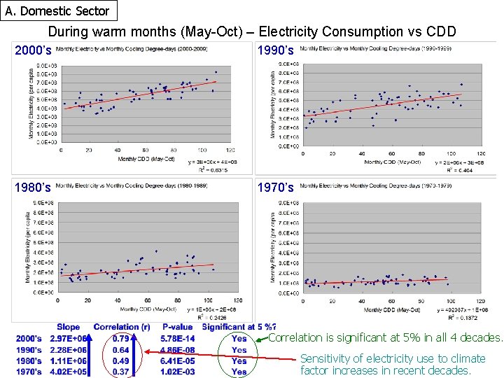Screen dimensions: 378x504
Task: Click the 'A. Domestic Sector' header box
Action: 57,10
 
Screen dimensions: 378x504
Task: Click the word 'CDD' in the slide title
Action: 441,31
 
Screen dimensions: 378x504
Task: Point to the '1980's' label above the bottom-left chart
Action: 34,188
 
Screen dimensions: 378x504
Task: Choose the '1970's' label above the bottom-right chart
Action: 276,188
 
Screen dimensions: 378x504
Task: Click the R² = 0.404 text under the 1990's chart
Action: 458,170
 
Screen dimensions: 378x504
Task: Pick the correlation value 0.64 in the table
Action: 120,350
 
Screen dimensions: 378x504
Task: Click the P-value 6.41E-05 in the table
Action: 177,361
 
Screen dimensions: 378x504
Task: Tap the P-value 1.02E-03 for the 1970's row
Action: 177,372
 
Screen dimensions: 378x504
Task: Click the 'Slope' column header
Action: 69,327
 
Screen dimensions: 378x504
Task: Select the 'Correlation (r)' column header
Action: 122,327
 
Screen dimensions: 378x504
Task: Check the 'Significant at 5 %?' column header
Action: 239,327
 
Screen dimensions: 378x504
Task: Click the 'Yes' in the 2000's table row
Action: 239,339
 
